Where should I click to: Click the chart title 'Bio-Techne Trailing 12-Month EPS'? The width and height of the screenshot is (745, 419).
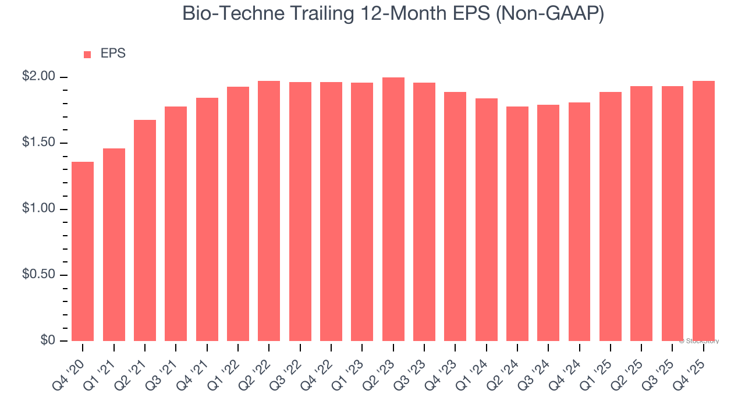[x=393, y=14]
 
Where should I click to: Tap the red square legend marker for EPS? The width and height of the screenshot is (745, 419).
[x=87, y=55]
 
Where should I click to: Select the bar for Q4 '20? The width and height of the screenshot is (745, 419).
[x=83, y=251]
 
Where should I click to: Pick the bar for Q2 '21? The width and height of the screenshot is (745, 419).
[x=145, y=230]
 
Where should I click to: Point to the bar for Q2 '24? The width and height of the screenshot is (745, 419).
[x=517, y=223]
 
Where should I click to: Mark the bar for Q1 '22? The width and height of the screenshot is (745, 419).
[x=238, y=214]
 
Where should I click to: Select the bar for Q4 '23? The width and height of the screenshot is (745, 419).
[x=455, y=216]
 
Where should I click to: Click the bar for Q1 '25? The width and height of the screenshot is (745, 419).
[x=611, y=216]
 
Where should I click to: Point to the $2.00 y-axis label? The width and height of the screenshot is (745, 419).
[x=39, y=77]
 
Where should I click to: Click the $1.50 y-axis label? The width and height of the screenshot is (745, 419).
[x=39, y=143]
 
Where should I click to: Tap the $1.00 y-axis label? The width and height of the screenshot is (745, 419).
[x=39, y=209]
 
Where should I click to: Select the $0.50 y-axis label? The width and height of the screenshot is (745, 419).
[x=39, y=275]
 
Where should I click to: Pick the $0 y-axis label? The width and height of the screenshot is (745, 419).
[x=47, y=340]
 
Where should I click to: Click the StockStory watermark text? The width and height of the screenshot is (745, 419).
[x=699, y=341]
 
